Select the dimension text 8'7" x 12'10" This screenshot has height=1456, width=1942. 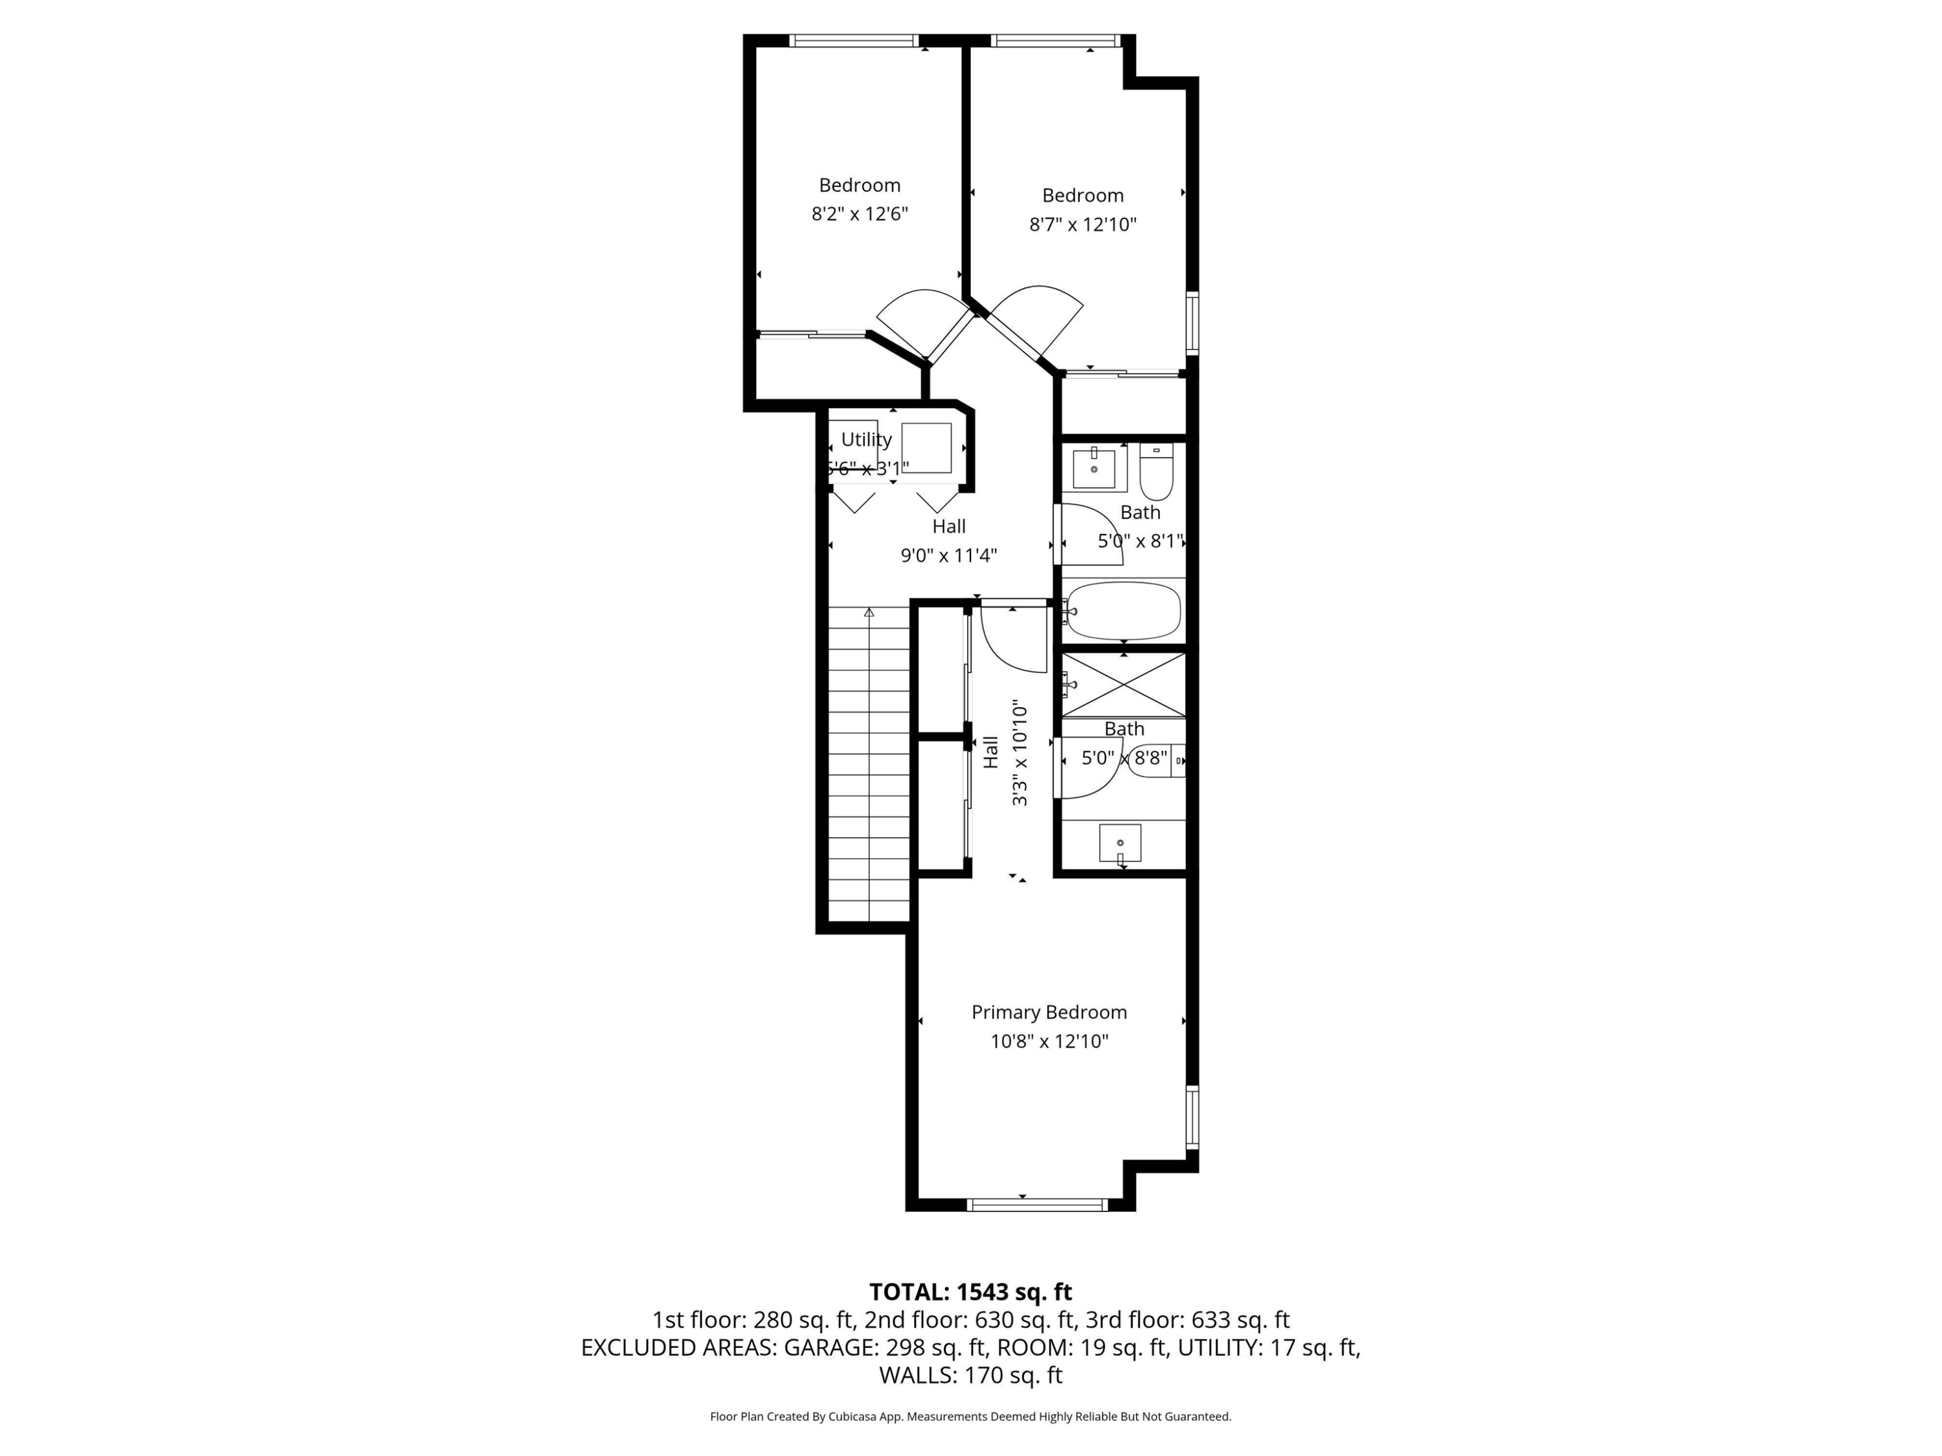coord(1082,225)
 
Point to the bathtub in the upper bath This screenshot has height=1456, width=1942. coord(1123,611)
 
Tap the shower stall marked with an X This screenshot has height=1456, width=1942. coord(1124,685)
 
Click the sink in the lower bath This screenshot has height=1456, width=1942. coord(1121,843)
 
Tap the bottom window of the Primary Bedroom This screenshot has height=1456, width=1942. coord(1037,1206)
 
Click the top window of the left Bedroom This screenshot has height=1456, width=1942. coord(853,40)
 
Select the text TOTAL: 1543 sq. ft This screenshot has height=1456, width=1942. coord(970,1292)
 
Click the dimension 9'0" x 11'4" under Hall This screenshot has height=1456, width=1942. coord(948,555)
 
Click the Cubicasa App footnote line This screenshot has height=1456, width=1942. coord(970,1417)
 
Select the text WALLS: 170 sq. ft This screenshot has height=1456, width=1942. coord(970,1375)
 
